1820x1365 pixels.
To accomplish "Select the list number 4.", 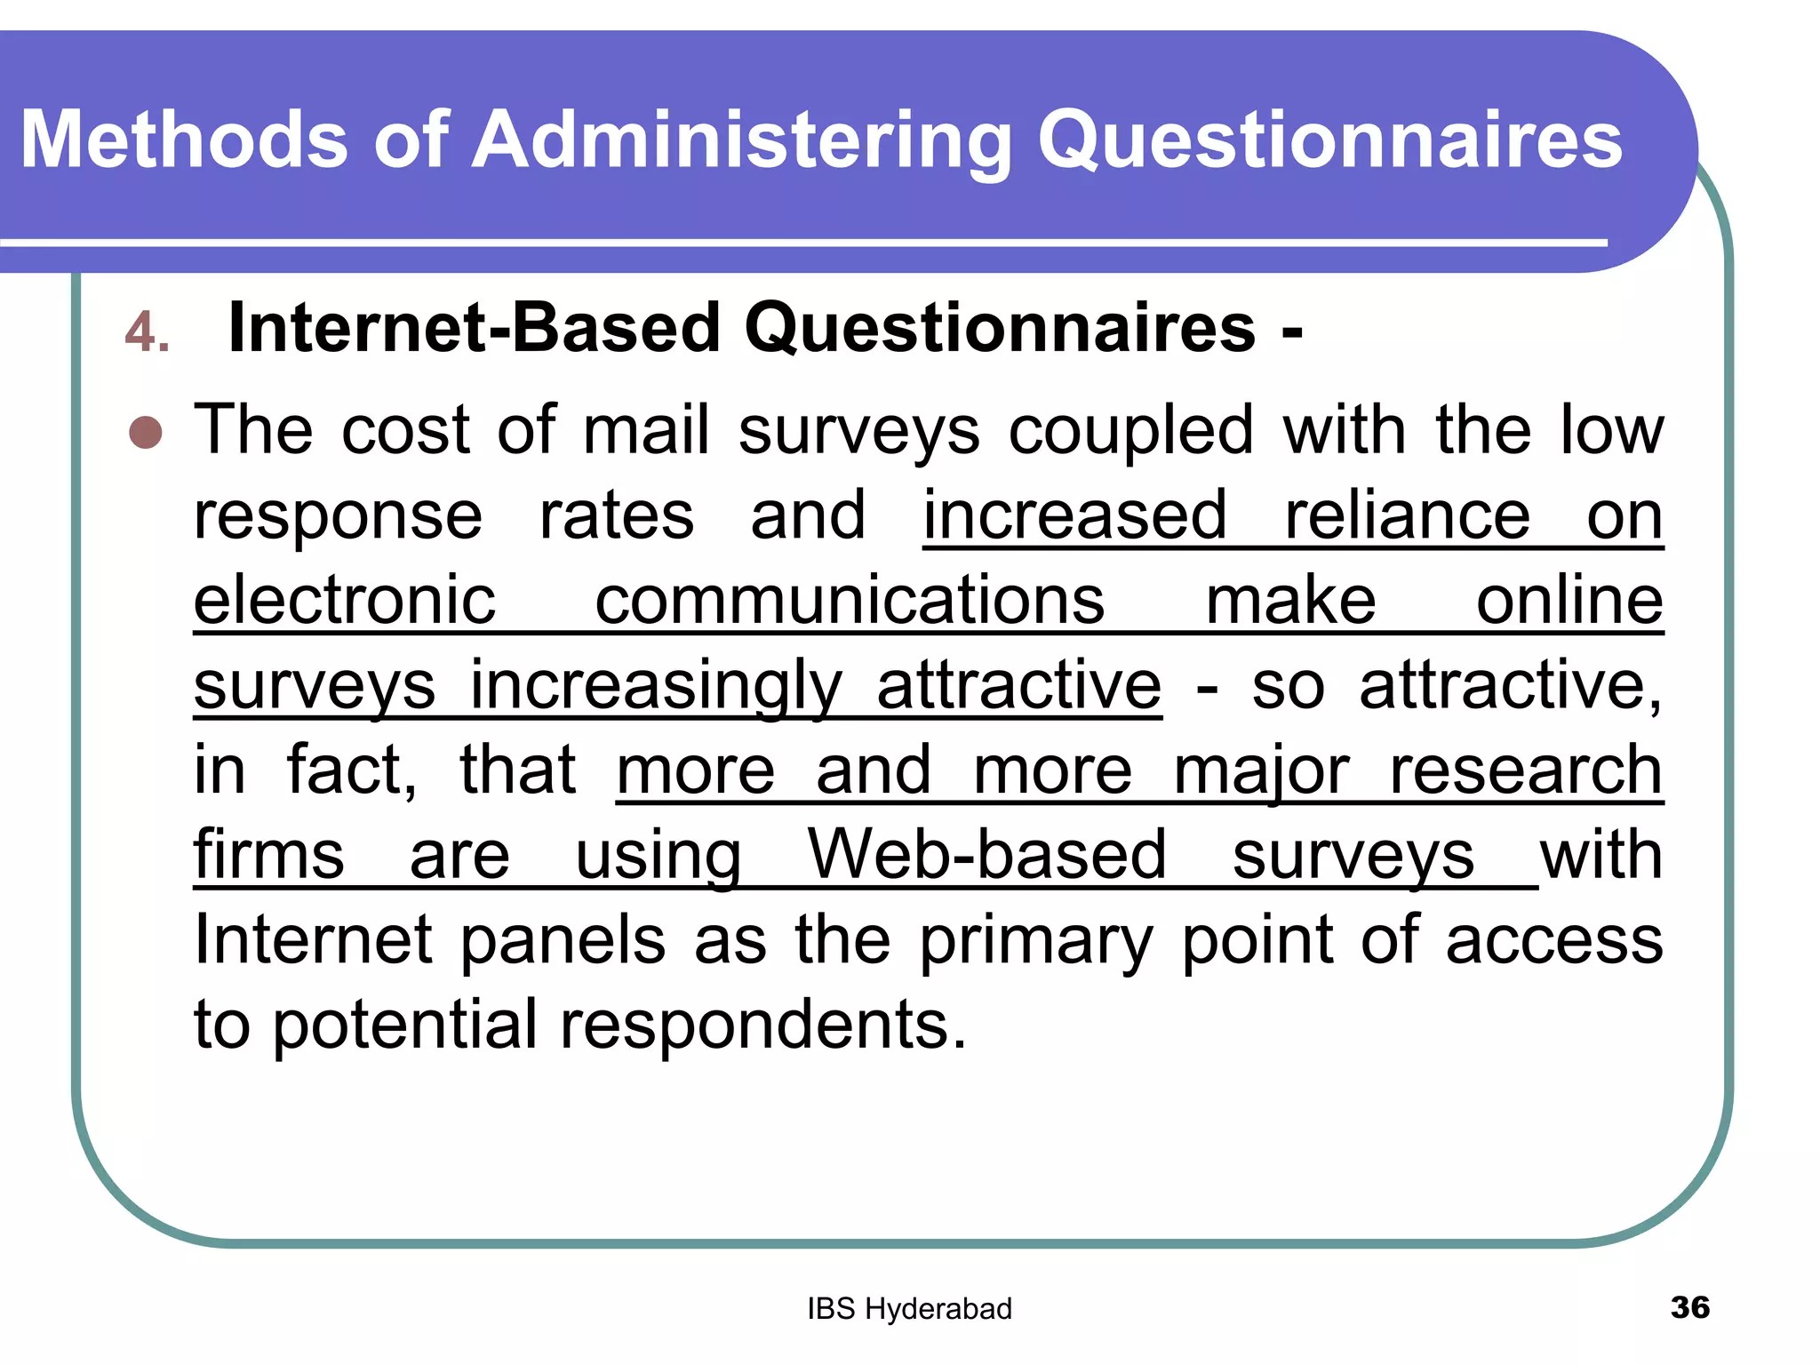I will (147, 332).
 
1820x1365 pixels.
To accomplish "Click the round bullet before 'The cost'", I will (146, 433).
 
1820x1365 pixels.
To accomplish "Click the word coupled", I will (1130, 432).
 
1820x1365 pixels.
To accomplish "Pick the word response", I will (338, 516).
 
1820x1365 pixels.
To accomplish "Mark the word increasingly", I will (656, 686).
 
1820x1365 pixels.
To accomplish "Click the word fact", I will (351, 770).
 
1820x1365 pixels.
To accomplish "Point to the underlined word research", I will (1525, 770).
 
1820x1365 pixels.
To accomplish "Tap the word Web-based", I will (986, 855).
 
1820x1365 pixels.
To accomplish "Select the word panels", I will (563, 939).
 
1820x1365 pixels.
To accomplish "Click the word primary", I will (1035, 941).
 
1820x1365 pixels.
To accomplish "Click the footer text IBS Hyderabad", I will (909, 1309).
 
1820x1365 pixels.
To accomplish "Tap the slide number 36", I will (1689, 1307).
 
